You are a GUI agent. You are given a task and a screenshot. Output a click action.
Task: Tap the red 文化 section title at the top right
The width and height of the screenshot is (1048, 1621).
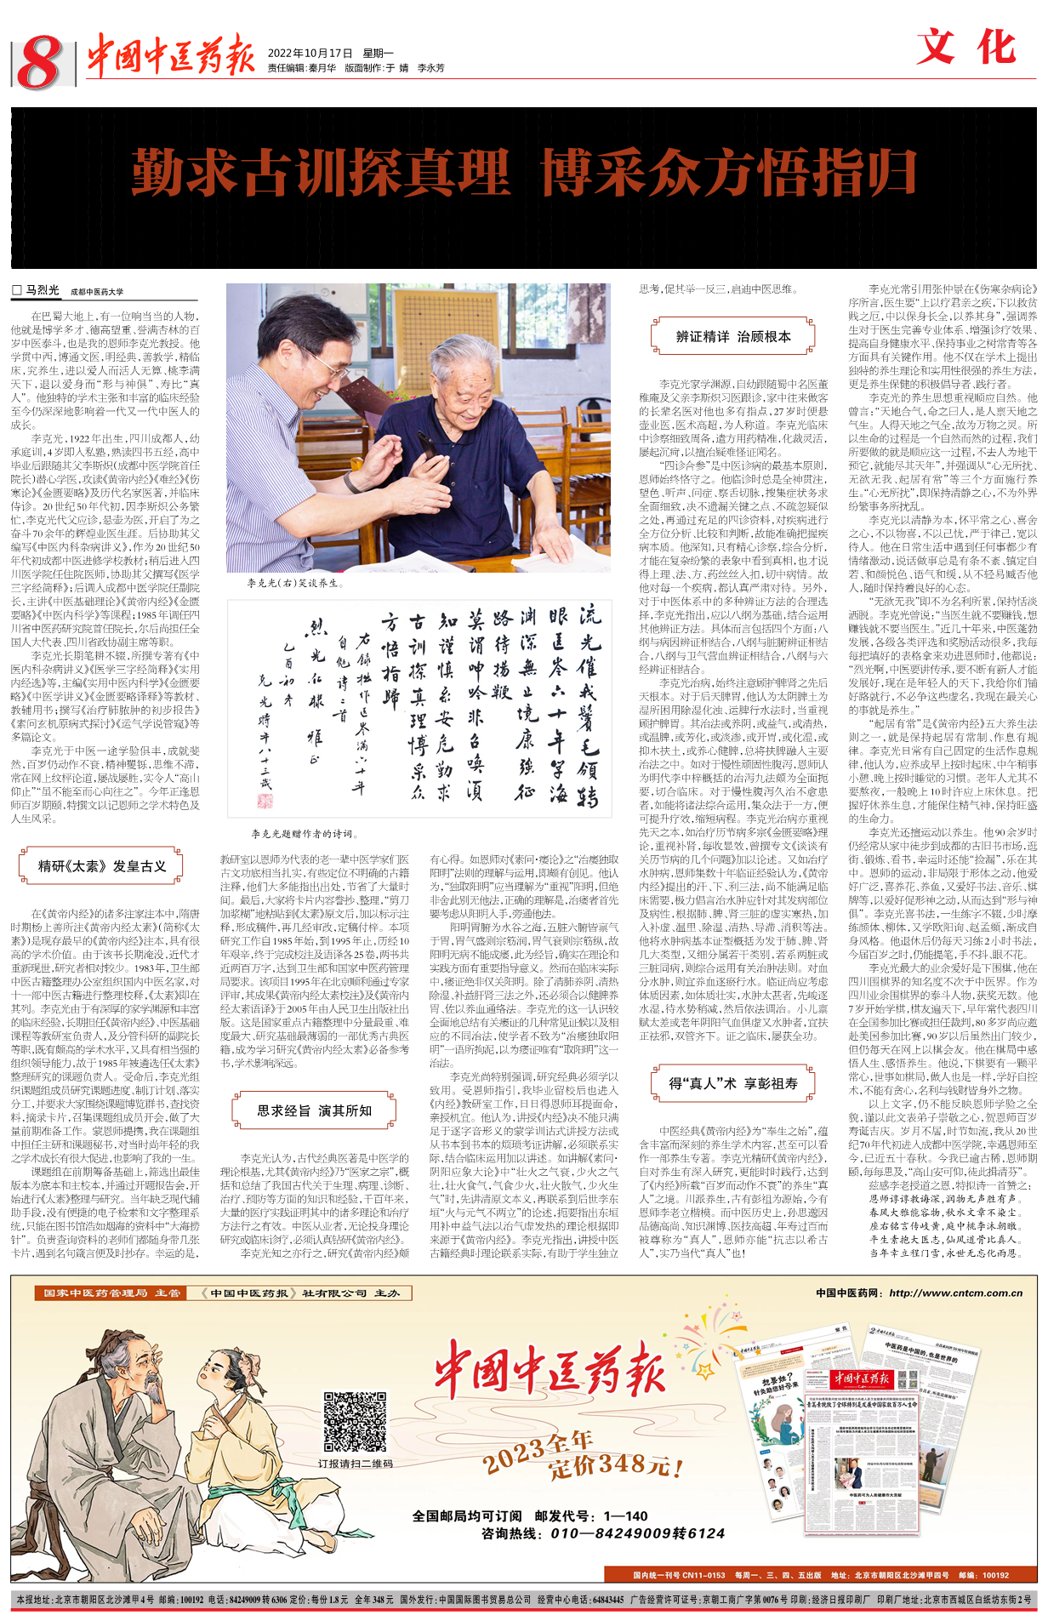tap(967, 47)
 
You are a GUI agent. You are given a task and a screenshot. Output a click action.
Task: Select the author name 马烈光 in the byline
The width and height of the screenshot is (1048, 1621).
tap(43, 291)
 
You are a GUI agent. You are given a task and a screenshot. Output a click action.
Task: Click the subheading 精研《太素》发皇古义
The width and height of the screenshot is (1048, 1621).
tap(101, 866)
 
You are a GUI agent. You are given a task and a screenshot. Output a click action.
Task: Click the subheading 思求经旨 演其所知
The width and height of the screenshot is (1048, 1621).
tap(314, 1110)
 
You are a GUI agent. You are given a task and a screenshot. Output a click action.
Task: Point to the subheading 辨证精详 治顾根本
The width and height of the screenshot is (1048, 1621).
tap(733, 336)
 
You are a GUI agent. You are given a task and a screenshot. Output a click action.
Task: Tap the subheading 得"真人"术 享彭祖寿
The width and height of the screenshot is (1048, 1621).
tap(732, 1083)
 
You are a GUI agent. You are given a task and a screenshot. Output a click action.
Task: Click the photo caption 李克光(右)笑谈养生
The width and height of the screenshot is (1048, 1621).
tap(293, 583)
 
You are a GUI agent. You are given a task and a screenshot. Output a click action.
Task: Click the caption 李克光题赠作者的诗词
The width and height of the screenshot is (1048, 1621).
tap(304, 834)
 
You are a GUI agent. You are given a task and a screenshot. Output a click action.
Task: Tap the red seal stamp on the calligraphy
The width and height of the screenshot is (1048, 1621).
tap(265, 800)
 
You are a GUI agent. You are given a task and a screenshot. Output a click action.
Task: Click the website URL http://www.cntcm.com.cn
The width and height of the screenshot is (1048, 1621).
tap(955, 1293)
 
